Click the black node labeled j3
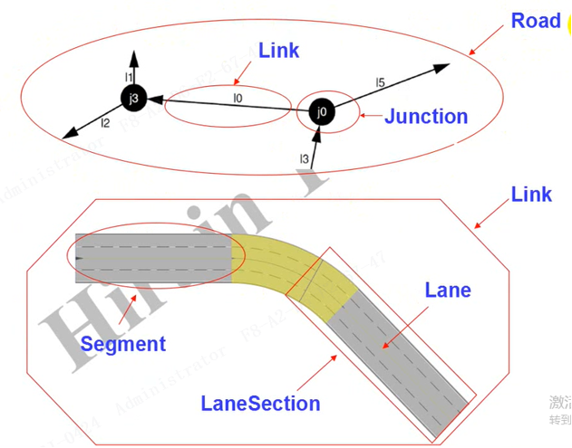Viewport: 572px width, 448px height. [133, 98]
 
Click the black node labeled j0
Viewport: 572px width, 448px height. [319, 112]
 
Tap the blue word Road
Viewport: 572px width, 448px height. [536, 21]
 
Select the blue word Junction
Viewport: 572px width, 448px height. [426, 117]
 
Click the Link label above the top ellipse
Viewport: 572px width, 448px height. [278, 50]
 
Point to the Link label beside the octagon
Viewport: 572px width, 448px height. [531, 194]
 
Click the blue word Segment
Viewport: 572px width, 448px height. [123, 344]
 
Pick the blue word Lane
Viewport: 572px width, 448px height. [448, 291]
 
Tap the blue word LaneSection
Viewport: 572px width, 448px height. [261, 404]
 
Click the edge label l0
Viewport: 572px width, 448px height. [238, 97]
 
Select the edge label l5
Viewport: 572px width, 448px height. [380, 83]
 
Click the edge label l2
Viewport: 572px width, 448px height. [105, 123]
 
